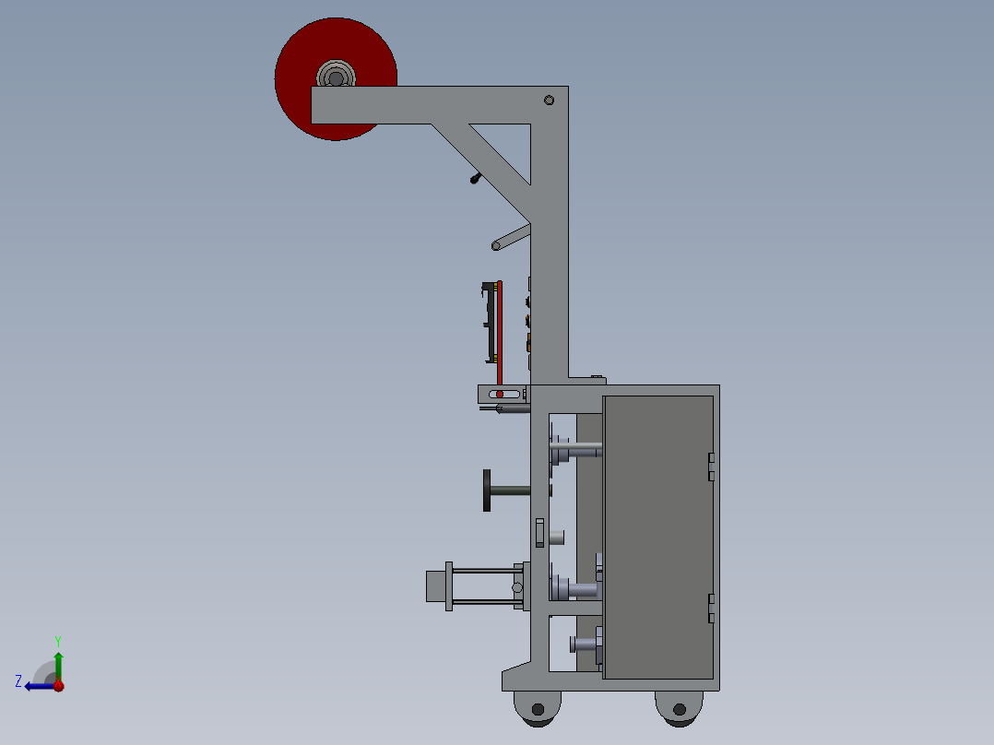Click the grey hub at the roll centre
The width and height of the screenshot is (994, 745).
click(x=336, y=75)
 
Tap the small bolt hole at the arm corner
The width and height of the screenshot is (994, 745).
click(x=550, y=100)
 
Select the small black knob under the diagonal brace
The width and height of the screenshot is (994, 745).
click(x=475, y=178)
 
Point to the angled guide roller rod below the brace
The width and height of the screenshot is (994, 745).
click(x=511, y=237)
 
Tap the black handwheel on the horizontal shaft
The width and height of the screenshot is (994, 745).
click(x=487, y=490)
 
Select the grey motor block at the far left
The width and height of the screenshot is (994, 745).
click(x=434, y=586)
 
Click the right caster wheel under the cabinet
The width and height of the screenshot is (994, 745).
click(x=680, y=708)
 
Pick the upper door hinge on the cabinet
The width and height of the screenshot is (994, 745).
click(x=711, y=467)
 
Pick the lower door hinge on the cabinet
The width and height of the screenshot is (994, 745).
click(x=711, y=609)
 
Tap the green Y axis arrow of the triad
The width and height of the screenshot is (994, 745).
click(x=58, y=659)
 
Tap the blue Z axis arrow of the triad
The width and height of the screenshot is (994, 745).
click(x=37, y=685)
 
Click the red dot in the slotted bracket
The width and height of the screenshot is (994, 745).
click(x=501, y=394)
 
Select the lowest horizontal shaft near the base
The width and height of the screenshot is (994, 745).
click(x=585, y=643)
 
